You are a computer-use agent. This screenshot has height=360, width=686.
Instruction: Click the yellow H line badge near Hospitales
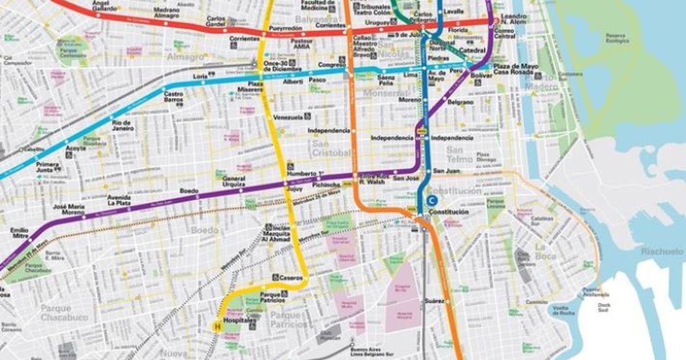point(217,327)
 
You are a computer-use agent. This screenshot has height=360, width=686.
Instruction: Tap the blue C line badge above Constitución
point(433,200)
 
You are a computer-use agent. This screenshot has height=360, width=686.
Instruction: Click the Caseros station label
point(290,277)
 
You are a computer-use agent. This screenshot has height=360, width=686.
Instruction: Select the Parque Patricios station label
point(272,297)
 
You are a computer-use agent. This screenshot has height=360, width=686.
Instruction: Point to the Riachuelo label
point(662,251)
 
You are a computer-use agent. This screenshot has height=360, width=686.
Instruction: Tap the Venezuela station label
point(288,117)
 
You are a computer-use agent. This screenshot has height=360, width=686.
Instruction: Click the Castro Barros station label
point(173,97)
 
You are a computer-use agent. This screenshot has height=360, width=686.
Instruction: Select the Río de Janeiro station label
point(123,126)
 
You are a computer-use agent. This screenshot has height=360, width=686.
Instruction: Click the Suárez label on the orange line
point(434,301)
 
